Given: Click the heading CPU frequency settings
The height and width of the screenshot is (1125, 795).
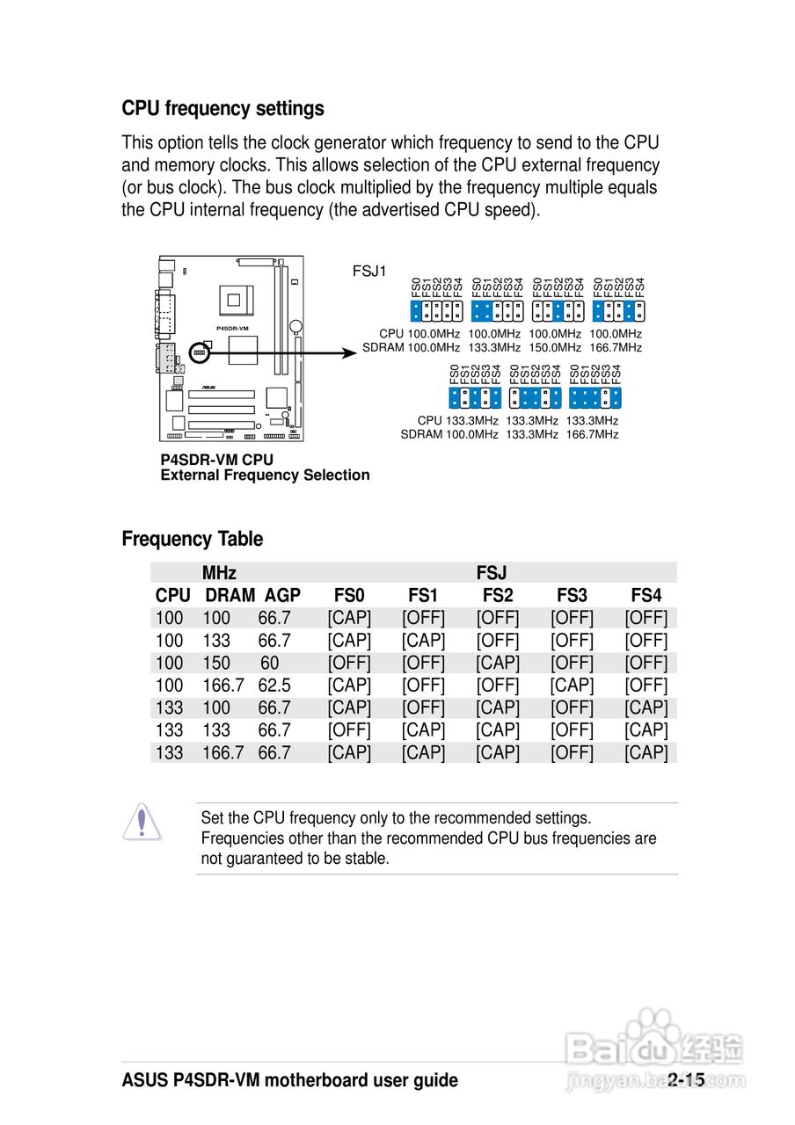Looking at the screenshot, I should coord(222,109).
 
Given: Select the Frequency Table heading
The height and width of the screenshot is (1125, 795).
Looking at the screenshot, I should coord(192,539).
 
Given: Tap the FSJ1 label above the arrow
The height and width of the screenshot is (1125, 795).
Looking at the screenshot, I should coord(369,271).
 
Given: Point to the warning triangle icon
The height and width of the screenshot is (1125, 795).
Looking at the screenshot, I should coord(141,823).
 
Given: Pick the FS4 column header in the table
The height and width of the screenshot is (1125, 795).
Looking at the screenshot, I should coord(646,596).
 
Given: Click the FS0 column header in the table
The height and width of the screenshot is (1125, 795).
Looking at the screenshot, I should coord(349,596).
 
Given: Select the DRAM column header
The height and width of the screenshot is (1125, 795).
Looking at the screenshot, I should coord(230,596).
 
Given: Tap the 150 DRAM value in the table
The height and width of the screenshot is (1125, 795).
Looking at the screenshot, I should coord(216,664).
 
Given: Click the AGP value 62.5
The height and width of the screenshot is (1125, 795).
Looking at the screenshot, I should coord(274,686).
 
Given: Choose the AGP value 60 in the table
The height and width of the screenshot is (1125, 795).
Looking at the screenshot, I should coord(269,664).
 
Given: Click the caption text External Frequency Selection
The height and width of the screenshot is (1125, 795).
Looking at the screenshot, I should coord(265,475).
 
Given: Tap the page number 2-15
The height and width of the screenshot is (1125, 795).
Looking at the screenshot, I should coord(686,1080).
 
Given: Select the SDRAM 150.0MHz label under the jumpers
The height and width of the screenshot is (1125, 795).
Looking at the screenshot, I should coord(555,348).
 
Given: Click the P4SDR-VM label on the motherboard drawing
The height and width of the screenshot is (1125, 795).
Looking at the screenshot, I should coord(232,328).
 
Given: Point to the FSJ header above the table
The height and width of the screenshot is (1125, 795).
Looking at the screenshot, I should coord(491,573).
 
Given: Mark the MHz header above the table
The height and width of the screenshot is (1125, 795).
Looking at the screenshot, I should coord(219,573).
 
